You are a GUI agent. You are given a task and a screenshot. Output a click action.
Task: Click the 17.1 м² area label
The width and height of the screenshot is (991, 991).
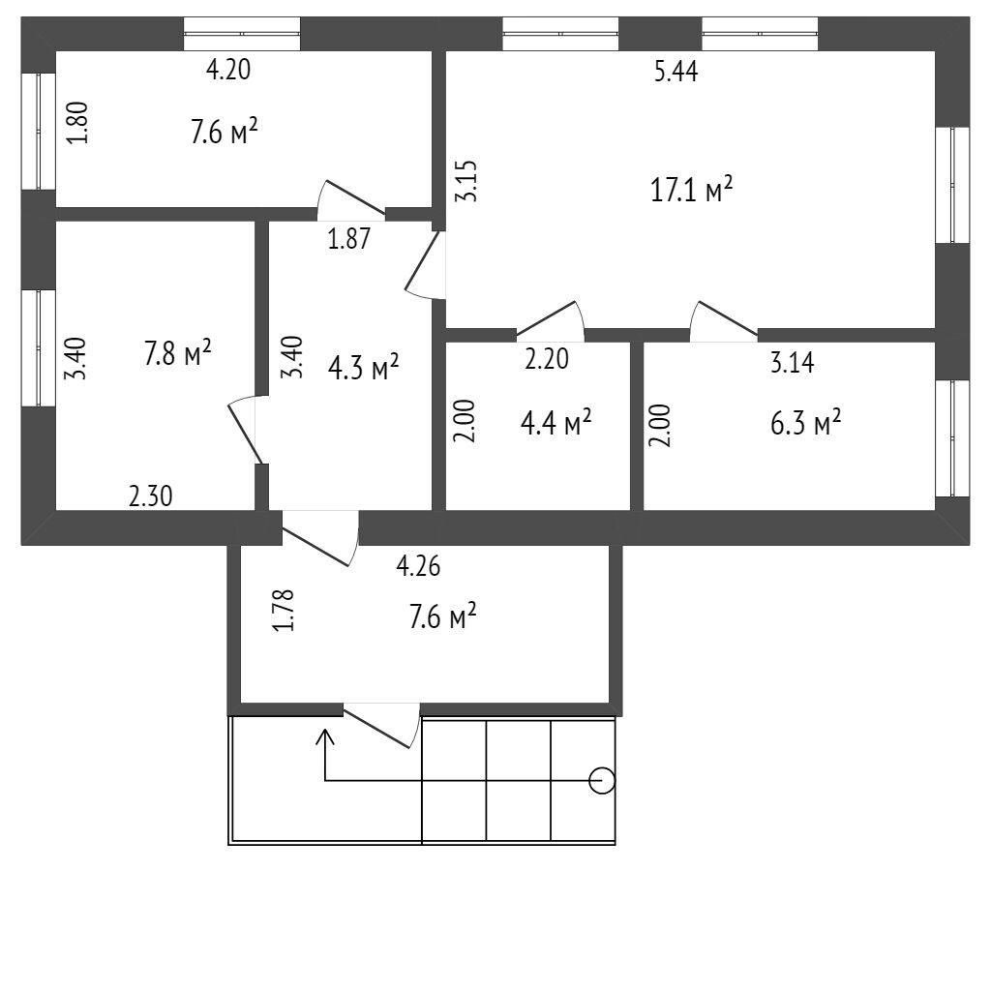coord(691,190)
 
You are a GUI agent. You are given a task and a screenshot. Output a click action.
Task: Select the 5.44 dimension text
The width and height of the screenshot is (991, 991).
coord(676,72)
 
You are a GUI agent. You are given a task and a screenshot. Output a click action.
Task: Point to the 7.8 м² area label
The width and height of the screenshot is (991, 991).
coord(178,353)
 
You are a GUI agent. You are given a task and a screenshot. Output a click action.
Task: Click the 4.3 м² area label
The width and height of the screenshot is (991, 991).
coord(364,367)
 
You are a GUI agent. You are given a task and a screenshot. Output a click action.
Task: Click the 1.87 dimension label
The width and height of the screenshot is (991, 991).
coord(348,239)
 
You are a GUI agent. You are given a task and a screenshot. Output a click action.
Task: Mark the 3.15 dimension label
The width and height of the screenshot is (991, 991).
coord(468,182)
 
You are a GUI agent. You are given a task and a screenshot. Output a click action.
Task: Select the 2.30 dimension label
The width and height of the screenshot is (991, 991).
coord(151,497)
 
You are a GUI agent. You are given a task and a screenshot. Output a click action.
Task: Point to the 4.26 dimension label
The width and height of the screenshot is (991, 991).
coord(419,566)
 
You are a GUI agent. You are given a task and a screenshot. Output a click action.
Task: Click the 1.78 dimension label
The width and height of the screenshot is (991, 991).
coord(283,611)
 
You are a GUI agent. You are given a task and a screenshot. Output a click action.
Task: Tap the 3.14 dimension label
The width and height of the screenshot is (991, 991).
coord(792,364)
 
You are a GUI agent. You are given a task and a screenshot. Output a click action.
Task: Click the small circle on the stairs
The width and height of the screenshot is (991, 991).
coord(602,779)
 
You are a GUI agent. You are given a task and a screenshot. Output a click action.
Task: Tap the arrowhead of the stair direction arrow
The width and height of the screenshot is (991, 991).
coord(325,736)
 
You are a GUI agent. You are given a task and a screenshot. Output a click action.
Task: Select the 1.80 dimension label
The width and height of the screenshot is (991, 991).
coord(82,124)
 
